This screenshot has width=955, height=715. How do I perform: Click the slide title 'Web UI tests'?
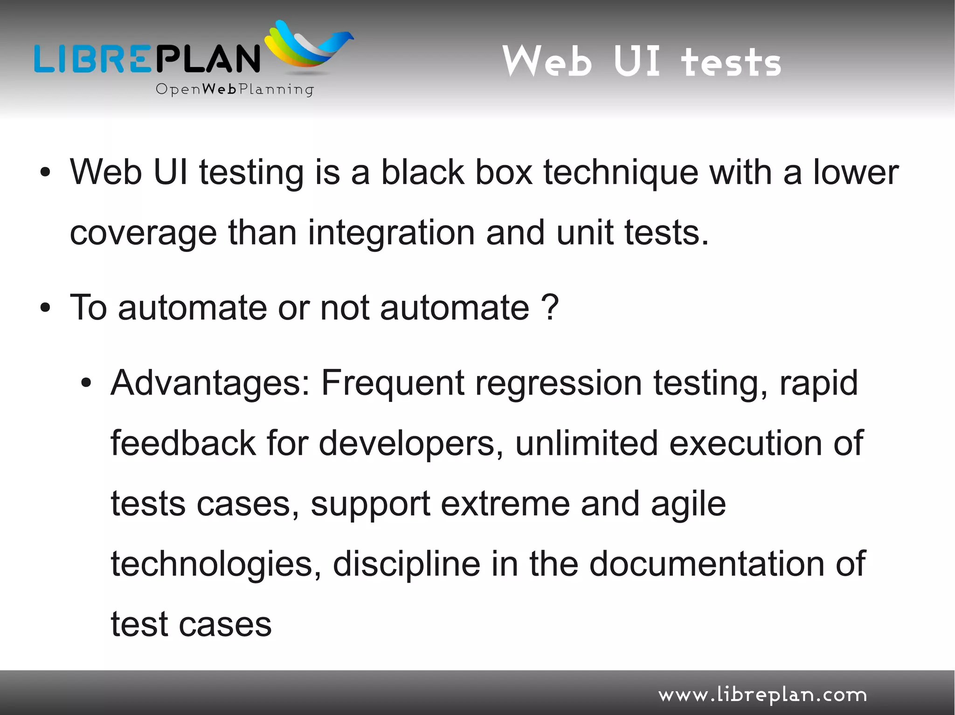click(x=641, y=61)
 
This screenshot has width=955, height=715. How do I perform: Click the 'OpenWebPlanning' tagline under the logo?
click(x=235, y=89)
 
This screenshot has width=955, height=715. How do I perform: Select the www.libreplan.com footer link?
click(x=762, y=695)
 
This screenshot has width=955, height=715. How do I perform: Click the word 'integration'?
click(x=391, y=232)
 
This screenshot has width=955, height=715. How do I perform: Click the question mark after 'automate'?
click(x=550, y=307)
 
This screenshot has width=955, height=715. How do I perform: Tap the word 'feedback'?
click(x=183, y=443)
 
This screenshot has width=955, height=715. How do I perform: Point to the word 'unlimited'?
click(x=587, y=443)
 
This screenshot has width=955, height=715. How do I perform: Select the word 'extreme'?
click(x=505, y=504)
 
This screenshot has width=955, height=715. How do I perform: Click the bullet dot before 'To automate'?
click(x=45, y=308)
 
